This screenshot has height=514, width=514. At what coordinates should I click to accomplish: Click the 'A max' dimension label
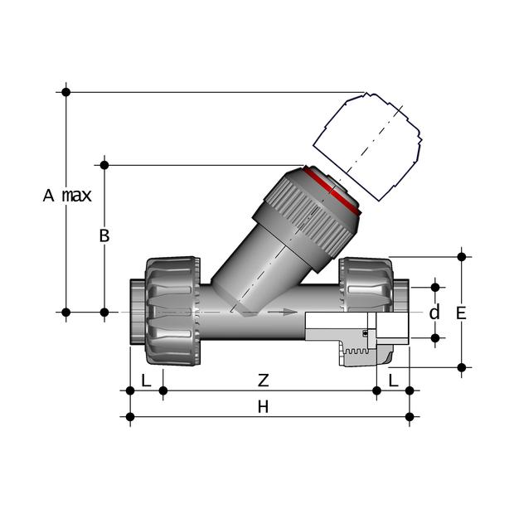tap(67, 196)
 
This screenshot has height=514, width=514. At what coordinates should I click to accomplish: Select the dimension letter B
tap(104, 235)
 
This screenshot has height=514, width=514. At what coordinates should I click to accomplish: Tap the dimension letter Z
tap(264, 381)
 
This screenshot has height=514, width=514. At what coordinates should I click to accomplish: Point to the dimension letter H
tap(263, 407)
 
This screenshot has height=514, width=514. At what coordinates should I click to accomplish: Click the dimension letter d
tap(434, 312)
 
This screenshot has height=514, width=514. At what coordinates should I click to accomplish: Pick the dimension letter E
tap(461, 313)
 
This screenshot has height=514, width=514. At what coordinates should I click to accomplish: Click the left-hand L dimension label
tap(146, 381)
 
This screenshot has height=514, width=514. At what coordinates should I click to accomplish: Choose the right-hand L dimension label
tap(393, 381)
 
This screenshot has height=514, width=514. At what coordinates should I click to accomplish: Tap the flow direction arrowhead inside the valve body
tap(290, 312)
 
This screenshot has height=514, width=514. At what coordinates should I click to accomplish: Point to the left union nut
tap(172, 311)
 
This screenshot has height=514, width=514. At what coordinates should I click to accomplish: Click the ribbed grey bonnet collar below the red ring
tap(302, 222)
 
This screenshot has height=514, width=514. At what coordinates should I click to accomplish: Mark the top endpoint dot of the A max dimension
tap(65, 92)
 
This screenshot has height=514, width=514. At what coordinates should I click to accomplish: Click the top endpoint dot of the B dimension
tap(104, 165)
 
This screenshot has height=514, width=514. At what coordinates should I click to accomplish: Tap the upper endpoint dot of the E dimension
tap(461, 257)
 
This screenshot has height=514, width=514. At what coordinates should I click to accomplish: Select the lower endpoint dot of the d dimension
tap(435, 337)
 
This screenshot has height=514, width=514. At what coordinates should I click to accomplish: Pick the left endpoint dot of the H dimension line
tap(130, 417)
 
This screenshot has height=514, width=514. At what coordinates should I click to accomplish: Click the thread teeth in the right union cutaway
tap(356, 351)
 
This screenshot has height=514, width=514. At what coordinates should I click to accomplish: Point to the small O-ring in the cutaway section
tap(365, 333)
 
